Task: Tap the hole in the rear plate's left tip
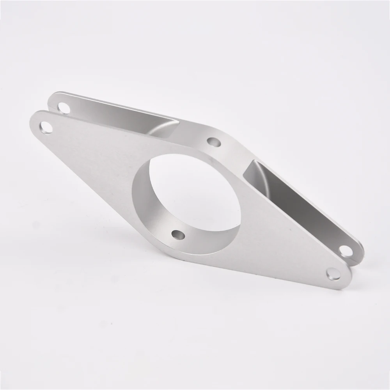click(63, 107)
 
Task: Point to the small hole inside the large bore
click(178, 234)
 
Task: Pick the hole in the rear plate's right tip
click(346, 250)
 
